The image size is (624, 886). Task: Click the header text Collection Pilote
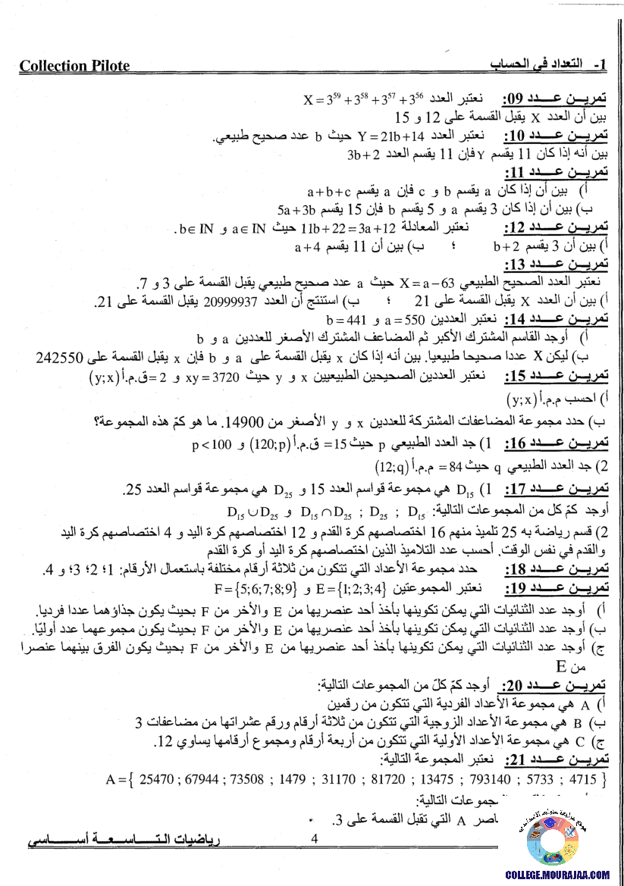(x=74, y=66)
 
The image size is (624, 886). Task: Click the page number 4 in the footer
(x=314, y=838)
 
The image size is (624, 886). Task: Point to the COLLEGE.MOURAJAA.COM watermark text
(x=557, y=874)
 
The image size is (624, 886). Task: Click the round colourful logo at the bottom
(x=556, y=837)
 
